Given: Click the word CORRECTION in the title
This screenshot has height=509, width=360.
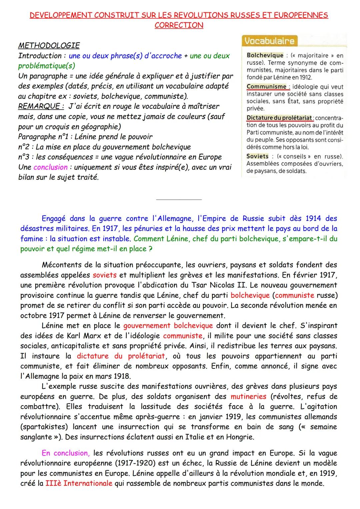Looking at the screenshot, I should pyautogui.click(x=179, y=25).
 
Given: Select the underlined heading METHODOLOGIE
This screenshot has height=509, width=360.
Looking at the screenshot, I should pyautogui.click(x=49, y=45).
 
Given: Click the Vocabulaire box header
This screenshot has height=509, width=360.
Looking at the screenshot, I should pyautogui.click(x=269, y=41).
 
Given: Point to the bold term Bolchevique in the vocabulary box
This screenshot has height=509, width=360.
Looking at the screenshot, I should pyautogui.click(x=265, y=55).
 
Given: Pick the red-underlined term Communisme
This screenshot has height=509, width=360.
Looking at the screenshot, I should pyautogui.click(x=266, y=87).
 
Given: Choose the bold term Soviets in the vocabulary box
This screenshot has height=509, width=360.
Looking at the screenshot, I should pyautogui.click(x=257, y=156).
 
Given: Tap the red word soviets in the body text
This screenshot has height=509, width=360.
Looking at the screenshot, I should pyautogui.click(x=105, y=275).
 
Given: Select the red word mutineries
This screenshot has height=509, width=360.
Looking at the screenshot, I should pyautogui.click(x=248, y=396).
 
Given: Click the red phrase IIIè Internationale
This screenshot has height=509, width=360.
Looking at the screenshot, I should pyautogui.click(x=79, y=483).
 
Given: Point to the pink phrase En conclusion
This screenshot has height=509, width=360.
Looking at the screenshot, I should pyautogui.click(x=65, y=453).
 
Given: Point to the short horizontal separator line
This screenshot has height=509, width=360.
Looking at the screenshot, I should pyautogui.click(x=179, y=200).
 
